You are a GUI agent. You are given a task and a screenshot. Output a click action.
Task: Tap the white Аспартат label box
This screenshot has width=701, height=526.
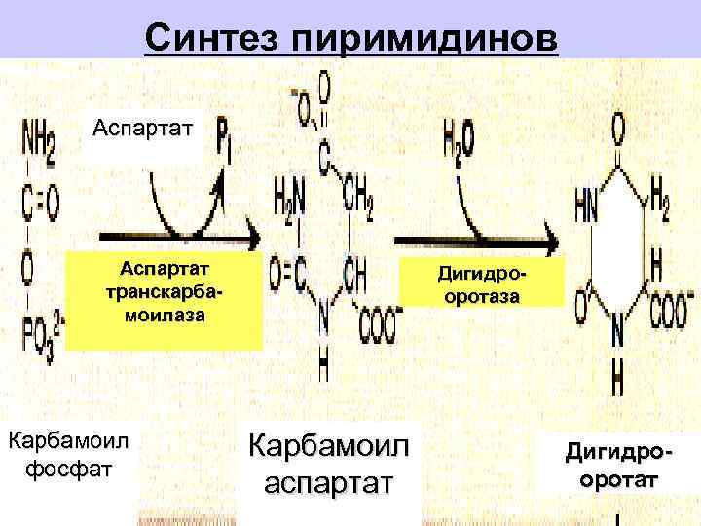pyautogui.click(x=143, y=128)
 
